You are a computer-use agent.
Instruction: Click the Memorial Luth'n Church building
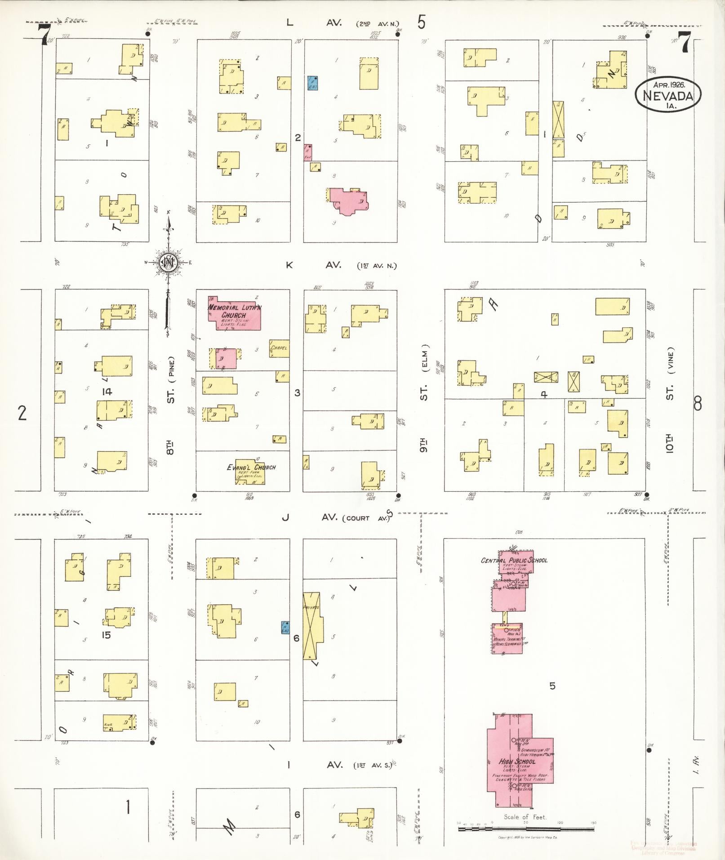pos(234,315)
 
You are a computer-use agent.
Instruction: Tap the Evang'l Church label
pos(251,467)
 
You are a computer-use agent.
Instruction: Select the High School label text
pos(517,762)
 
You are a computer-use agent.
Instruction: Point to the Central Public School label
pos(514,560)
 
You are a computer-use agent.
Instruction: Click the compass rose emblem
pos(168,263)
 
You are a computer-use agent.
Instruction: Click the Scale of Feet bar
pos(526,828)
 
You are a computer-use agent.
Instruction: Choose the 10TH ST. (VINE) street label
pos(670,399)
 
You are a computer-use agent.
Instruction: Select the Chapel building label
pos(279,348)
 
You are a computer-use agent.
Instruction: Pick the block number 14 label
pos(107,392)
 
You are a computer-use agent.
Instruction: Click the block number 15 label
pos(106,635)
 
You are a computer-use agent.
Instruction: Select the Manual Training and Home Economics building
pos(507,638)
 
